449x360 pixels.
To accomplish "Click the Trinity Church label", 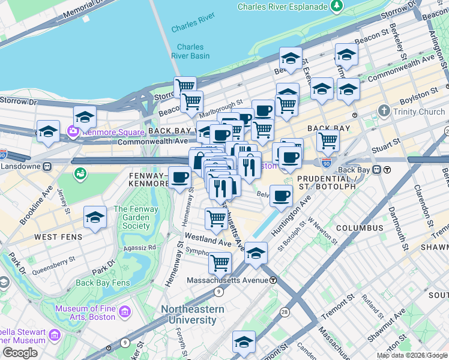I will (x=419, y=112).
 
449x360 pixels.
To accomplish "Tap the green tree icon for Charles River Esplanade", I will (x=337, y=7).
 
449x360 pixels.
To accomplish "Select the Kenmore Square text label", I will (x=113, y=132).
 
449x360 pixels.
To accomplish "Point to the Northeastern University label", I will (x=192, y=314).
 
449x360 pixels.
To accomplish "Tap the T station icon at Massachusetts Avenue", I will (x=273, y=280).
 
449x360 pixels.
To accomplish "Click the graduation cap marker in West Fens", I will (x=95, y=218).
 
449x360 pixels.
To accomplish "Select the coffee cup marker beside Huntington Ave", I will (x=281, y=196).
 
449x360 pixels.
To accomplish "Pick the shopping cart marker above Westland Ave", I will (x=216, y=219).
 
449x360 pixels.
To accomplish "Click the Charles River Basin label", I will (x=190, y=51).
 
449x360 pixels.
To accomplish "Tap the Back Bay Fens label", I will (x=103, y=283).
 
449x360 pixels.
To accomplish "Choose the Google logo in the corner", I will (x=20, y=353).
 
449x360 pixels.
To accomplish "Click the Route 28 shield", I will (x=284, y=312).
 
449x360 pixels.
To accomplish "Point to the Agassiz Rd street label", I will (x=139, y=247).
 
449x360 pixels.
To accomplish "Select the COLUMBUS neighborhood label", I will (x=360, y=228).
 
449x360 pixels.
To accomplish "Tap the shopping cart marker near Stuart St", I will (x=328, y=140).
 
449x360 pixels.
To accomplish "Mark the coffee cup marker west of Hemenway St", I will (x=179, y=178).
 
